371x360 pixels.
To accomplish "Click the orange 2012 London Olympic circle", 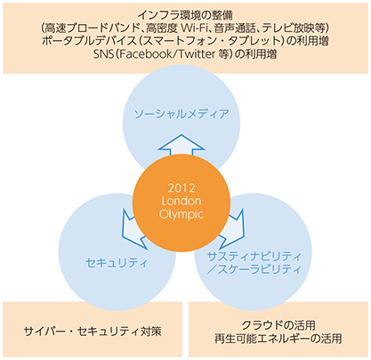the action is click(181, 203).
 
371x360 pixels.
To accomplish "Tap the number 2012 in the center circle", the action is click(181, 188).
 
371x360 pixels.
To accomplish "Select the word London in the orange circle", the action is click(181, 201).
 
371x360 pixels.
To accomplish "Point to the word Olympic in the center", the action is click(181, 214).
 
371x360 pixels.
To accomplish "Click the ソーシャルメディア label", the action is click(181, 114).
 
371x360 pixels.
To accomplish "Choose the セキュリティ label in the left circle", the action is click(117, 263).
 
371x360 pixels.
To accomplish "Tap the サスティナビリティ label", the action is click(254, 257).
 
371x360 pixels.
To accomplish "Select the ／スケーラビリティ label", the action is click(254, 269).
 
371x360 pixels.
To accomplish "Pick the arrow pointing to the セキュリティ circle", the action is click(134, 228).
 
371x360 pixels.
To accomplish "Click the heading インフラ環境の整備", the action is click(185, 14).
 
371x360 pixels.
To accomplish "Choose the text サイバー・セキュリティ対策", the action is click(93, 332).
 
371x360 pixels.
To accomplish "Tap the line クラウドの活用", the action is click(278, 325).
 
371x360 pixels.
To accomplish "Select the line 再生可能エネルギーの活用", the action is click(278, 339).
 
